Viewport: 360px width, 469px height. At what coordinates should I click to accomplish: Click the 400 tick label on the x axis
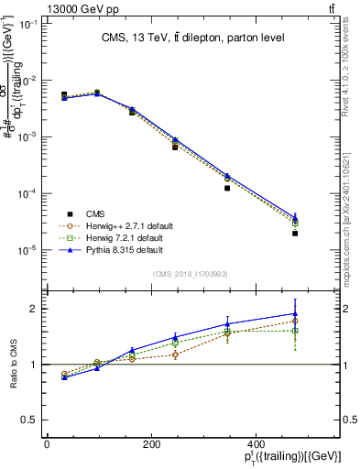[x=333, y=446]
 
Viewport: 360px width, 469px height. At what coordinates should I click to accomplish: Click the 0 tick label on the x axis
[x=47, y=446]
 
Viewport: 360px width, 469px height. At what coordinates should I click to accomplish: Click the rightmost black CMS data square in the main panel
[x=322, y=234]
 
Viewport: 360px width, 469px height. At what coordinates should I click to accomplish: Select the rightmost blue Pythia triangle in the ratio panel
[x=322, y=313]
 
